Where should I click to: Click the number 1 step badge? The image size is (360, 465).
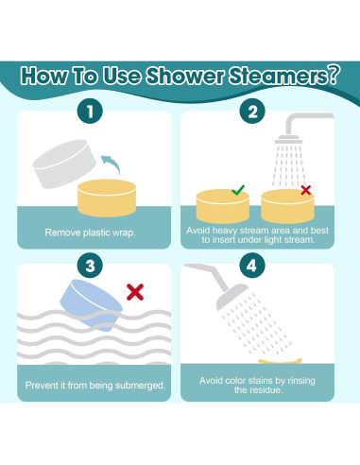tap(90, 111)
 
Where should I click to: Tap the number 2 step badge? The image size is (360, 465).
tap(252, 111)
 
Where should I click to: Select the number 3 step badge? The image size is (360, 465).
tap(90, 266)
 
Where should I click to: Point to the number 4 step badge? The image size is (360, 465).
tap(251, 266)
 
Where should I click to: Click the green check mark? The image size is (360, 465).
tap(238, 190)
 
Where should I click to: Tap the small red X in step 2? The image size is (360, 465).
tap(305, 190)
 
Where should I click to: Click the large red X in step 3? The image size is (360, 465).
tap(135, 292)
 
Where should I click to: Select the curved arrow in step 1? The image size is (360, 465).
tap(111, 163)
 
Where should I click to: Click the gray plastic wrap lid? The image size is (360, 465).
tap(64, 164)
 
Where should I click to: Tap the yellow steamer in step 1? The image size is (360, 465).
tap(107, 198)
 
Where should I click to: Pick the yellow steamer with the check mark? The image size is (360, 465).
tap(223, 206)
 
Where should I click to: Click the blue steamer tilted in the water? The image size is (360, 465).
tap(91, 304)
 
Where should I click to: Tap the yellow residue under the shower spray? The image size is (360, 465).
tap(280, 361)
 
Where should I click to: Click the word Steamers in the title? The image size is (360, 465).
tap(284, 76)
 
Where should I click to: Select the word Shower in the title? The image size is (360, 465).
tap(185, 76)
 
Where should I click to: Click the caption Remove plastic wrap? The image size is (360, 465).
tap(90, 232)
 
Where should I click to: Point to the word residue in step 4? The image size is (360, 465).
tap(267, 390)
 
